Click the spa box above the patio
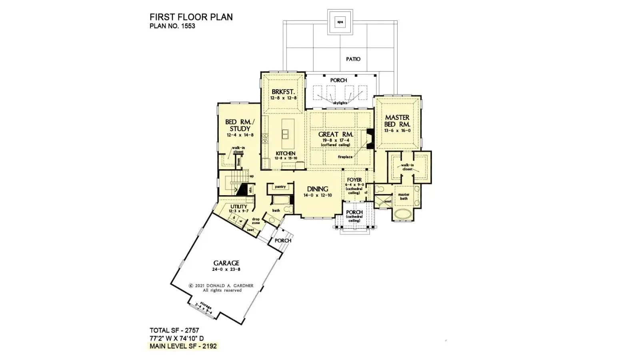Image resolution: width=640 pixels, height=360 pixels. click(340, 22)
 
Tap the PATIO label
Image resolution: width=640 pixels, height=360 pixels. click(353, 59)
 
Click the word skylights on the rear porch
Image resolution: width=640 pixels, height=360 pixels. click(340, 103)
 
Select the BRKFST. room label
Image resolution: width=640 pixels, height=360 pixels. click(283, 92)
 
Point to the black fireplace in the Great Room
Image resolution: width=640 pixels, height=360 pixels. click(370, 139)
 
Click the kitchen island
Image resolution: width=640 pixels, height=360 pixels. click(288, 134)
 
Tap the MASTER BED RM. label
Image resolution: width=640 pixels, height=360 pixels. click(397, 121)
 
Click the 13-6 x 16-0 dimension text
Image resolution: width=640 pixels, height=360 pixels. click(397, 131)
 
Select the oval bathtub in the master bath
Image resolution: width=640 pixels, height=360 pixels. click(404, 214)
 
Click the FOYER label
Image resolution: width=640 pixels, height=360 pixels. click(354, 180)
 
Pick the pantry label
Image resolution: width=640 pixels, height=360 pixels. click(280, 187)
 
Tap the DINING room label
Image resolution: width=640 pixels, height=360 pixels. click(318, 189)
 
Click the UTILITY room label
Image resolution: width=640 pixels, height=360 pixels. click(239, 206)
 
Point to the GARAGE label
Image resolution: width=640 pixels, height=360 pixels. click(226, 263)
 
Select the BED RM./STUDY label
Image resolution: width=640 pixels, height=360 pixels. click(240, 125)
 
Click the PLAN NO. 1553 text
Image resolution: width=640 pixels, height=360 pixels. click(172, 26)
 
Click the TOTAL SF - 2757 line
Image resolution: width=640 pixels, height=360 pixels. click(174, 330)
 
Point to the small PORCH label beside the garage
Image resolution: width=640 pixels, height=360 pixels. click(283, 241)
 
